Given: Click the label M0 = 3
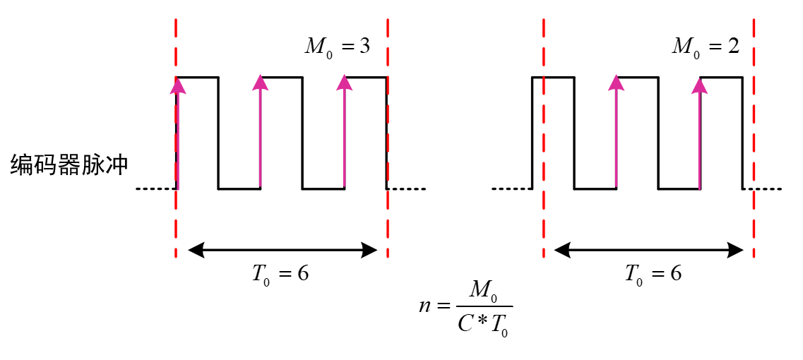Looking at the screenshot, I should [336, 47].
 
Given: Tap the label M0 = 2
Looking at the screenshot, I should [705, 47].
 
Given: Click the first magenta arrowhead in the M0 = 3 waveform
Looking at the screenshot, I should [177, 85].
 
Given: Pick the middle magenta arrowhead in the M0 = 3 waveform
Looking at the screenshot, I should [261, 83].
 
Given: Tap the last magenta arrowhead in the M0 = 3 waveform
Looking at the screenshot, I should [345, 83].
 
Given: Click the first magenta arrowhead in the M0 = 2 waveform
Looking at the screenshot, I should [617, 83].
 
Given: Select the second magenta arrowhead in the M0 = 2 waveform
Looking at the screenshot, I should [700, 85].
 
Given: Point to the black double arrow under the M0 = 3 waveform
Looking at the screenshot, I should [283, 249].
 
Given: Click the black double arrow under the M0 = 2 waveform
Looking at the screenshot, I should [649, 249].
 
